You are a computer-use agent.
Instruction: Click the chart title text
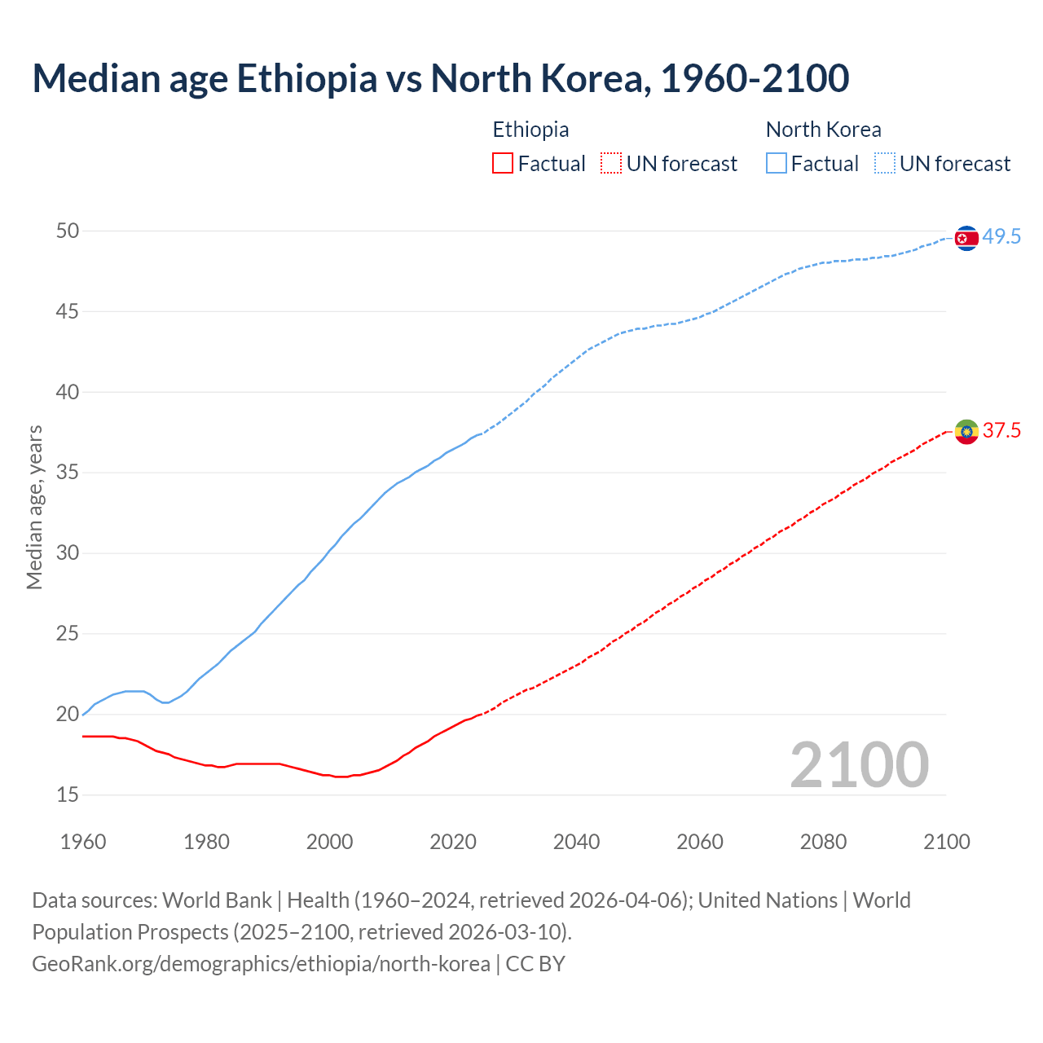pyautogui.click(x=440, y=78)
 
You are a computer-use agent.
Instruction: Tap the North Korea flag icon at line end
pyautogui.click(x=966, y=238)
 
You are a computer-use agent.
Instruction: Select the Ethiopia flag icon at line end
pyautogui.click(x=966, y=431)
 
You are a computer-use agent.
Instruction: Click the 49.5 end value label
pyautogui.click(x=1001, y=237)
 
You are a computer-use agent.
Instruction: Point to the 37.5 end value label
pyautogui.click(x=1001, y=430)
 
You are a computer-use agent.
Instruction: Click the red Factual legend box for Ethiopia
pyautogui.click(x=503, y=163)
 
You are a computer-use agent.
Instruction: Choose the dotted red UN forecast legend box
pyautogui.click(x=611, y=163)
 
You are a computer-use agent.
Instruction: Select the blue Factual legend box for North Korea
pyautogui.click(x=777, y=163)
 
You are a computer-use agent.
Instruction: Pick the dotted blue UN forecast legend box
pyautogui.click(x=885, y=163)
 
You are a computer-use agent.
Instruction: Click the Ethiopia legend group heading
pyautogui.click(x=530, y=130)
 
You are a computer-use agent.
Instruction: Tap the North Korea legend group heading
pyautogui.click(x=823, y=130)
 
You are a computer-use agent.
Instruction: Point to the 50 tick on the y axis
pyautogui.click(x=67, y=231)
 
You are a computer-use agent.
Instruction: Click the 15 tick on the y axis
pyautogui.click(x=67, y=794)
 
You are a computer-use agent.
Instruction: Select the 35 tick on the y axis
pyautogui.click(x=67, y=473)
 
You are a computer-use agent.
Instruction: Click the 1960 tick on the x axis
pyautogui.click(x=83, y=842)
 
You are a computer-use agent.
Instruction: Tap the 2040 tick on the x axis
pyautogui.click(x=576, y=842)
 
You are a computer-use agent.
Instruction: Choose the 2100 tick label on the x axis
pyautogui.click(x=946, y=842)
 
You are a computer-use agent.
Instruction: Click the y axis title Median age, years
pyautogui.click(x=34, y=507)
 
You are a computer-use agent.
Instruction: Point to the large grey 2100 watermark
pyautogui.click(x=859, y=764)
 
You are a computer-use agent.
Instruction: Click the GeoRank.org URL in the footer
pyautogui.click(x=261, y=963)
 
